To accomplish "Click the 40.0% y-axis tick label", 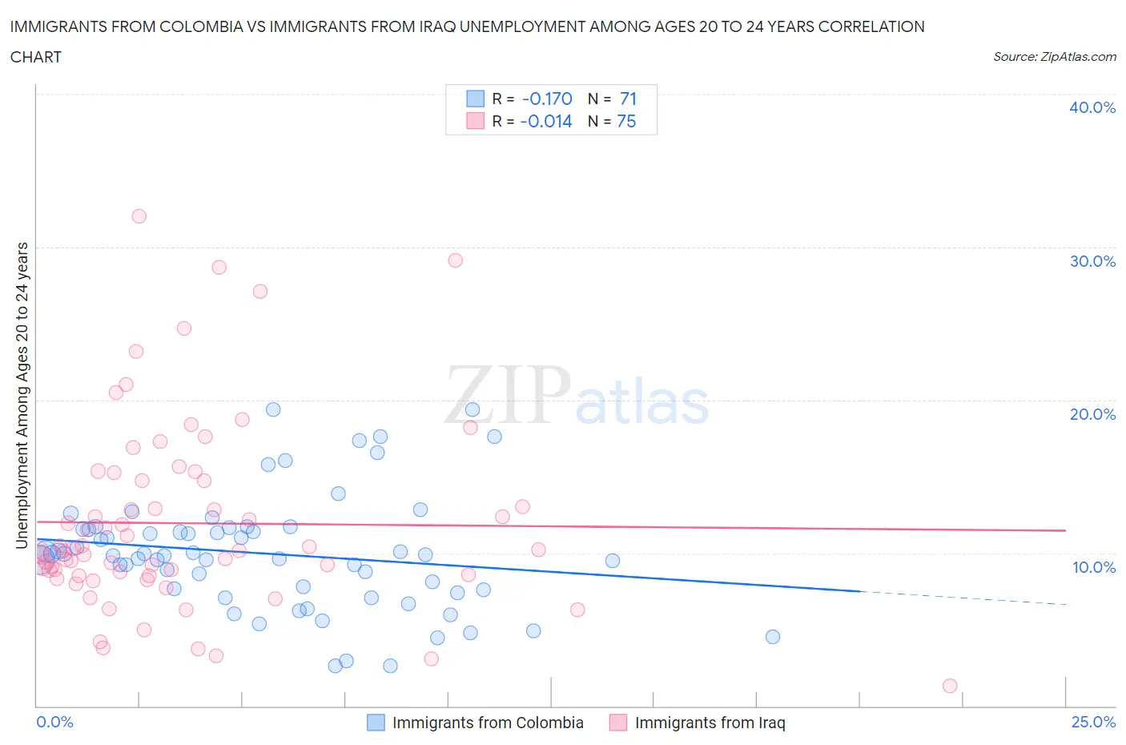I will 1092,107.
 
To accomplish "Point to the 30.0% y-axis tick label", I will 1092,261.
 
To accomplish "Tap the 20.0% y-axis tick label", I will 1092,414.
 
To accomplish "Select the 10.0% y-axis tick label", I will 1093,567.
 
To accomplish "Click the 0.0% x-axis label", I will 55,722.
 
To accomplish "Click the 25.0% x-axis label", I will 1093,722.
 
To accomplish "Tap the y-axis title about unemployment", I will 22,395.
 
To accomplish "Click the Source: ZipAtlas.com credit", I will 1054,57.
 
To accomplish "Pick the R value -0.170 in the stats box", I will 547,99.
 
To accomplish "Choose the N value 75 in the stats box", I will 626,121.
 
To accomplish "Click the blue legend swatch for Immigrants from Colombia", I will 376,723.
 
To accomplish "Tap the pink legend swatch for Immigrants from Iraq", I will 617,723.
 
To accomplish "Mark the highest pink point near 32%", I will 139,216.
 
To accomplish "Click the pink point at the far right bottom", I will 950,686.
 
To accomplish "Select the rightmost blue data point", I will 772,637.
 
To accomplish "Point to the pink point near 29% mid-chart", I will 455,260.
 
